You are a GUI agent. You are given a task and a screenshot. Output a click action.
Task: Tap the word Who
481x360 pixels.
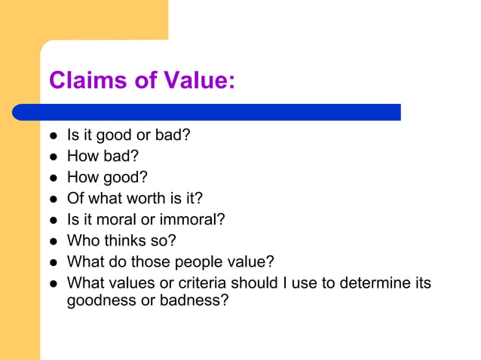pyautogui.click(x=81, y=241)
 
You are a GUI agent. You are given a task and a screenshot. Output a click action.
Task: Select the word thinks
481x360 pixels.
pyautogui.click(x=123, y=241)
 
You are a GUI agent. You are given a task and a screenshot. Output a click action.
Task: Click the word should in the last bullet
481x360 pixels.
pyautogui.click(x=253, y=283)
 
